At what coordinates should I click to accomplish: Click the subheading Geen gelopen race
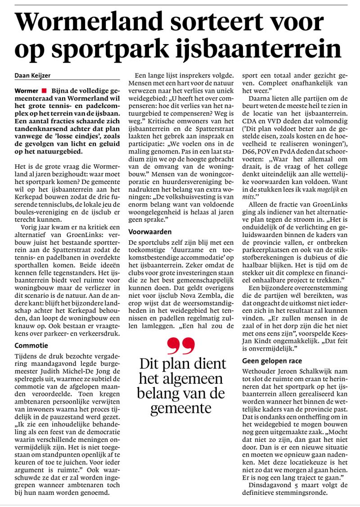pyautogui.click(x=272, y=360)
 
